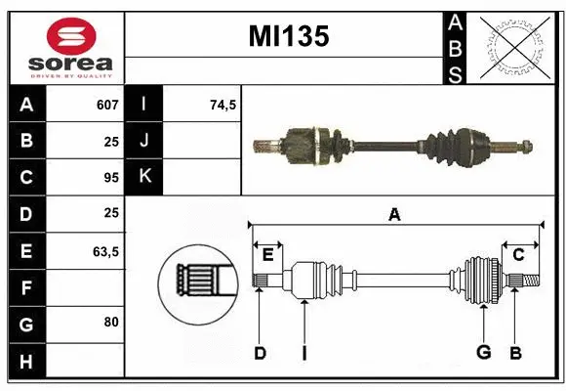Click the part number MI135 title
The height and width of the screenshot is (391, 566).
pos(289,37)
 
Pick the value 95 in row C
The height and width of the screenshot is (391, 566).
pos(110,178)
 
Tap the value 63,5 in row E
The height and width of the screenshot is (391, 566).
pos(105,251)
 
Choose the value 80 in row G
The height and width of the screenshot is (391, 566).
pos(110,322)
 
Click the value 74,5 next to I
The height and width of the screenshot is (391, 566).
pos(223,105)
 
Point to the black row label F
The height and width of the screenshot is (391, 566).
pos(26,287)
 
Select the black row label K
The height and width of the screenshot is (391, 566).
pos(145,177)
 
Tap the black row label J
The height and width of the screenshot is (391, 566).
pos(145,141)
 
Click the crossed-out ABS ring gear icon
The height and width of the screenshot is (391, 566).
pos(512,46)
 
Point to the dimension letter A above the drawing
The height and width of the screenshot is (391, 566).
pos(394,214)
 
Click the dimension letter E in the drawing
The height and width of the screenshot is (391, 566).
pos(267,255)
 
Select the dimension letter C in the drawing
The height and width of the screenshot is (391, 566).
pos(519,255)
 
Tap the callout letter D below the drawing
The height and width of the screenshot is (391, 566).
pos(260,353)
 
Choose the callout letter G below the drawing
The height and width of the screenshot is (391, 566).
pos(482,353)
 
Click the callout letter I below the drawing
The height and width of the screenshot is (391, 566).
pos(303,353)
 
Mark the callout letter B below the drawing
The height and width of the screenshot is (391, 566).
pos(516,353)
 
